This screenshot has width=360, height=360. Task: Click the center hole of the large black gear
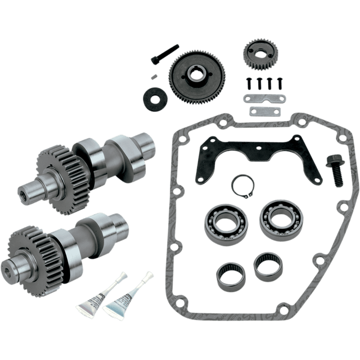tap(198, 73)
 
